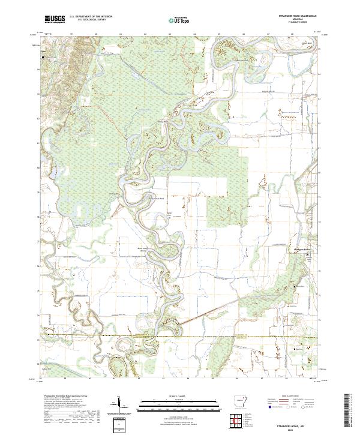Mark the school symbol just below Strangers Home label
(310, 255)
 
